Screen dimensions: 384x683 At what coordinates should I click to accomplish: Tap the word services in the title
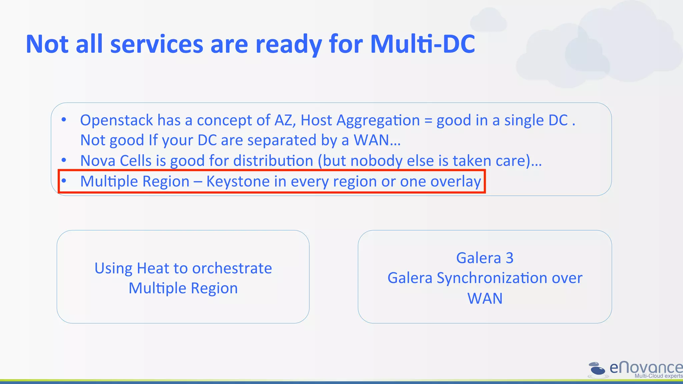click(x=156, y=44)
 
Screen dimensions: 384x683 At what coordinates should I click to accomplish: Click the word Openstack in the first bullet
click(x=116, y=120)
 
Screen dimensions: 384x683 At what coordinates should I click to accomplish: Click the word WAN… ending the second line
click(x=377, y=140)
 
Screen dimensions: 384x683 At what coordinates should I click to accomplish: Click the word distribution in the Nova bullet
click(x=273, y=161)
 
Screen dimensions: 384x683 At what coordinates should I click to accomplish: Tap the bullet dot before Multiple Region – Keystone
click(x=64, y=181)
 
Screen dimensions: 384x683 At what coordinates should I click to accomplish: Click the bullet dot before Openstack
click(x=64, y=119)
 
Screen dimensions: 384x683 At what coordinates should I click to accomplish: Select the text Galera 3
click(x=485, y=258)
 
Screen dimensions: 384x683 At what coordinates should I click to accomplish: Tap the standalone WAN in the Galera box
click(x=485, y=298)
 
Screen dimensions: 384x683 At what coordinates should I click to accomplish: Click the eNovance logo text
click(x=646, y=367)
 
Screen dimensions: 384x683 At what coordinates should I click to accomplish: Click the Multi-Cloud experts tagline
click(x=658, y=376)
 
